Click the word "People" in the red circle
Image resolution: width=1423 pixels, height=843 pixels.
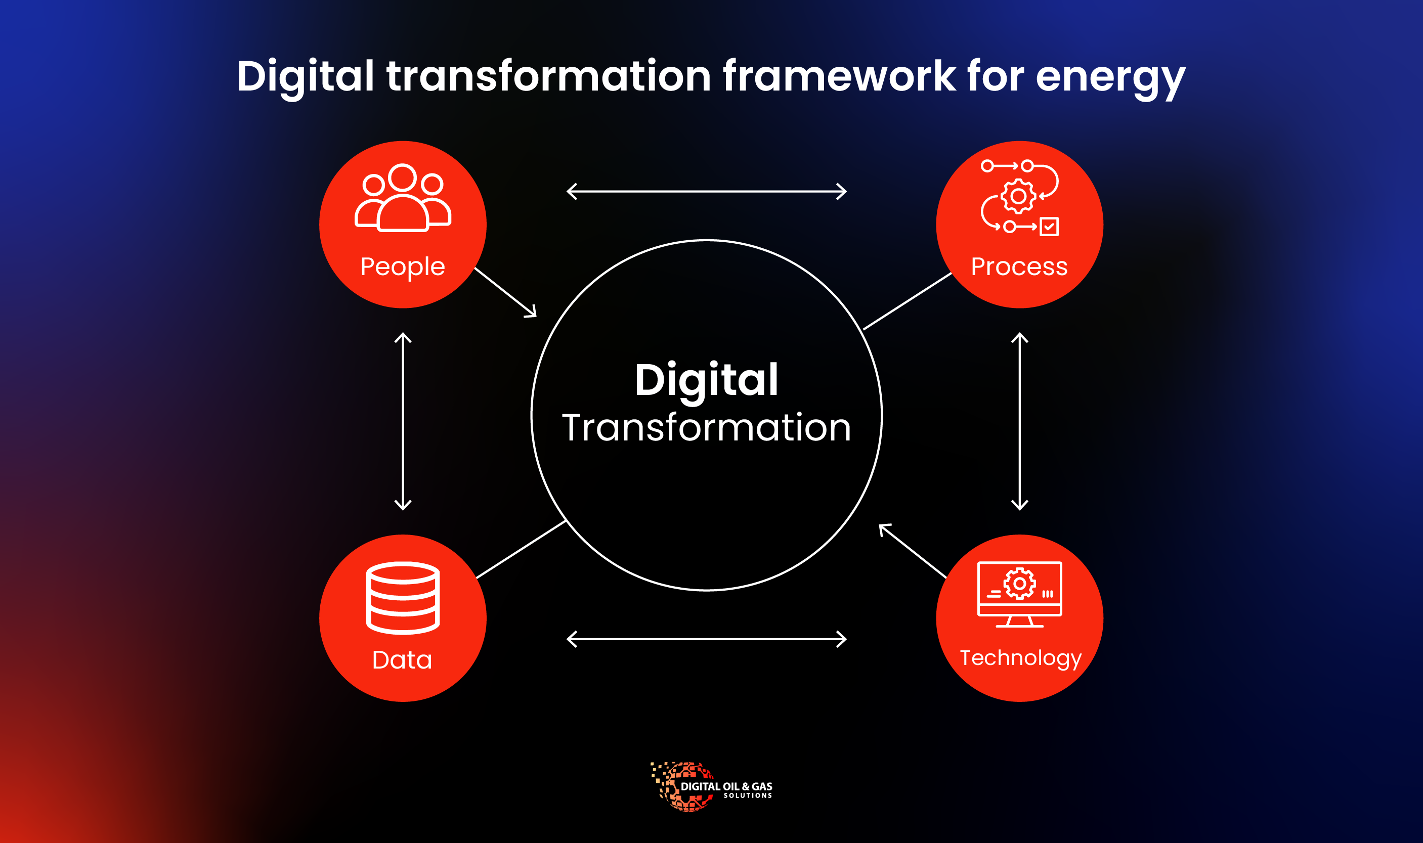403,267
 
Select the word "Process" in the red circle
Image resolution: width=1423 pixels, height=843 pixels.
1019,267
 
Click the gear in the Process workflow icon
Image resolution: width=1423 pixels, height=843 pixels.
1018,196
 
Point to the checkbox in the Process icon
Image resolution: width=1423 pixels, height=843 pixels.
1049,226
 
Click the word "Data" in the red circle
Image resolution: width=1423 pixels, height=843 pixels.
402,660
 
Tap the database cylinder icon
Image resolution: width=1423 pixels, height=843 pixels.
403,597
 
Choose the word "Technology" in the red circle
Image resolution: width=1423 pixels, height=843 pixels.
1021,658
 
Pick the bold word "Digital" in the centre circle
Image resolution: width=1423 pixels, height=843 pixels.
706,380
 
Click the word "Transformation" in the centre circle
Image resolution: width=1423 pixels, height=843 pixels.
706,428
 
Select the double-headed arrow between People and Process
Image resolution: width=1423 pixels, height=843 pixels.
707,192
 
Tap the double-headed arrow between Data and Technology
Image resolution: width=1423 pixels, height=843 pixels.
707,639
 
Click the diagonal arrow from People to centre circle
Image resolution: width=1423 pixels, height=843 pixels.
505,293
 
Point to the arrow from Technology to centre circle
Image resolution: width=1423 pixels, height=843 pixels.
912,550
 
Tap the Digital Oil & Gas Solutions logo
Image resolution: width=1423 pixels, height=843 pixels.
711,787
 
